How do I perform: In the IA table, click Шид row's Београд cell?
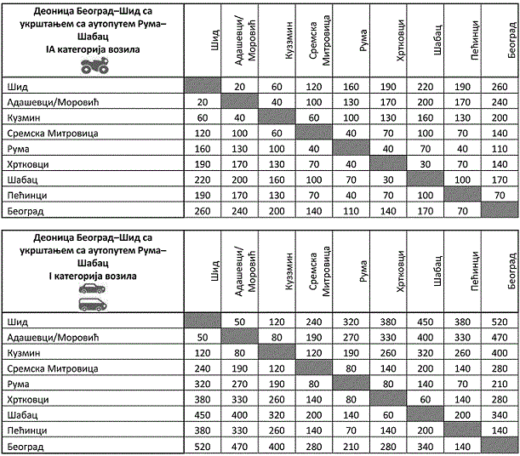499,86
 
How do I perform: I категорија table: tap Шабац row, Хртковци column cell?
389,415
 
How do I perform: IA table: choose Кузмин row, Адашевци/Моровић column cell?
239,117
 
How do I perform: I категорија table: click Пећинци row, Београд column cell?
499,430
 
